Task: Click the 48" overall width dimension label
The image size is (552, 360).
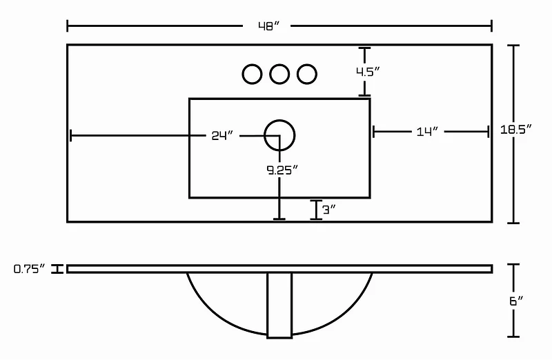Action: (x=268, y=26)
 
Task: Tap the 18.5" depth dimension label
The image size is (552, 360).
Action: (x=515, y=130)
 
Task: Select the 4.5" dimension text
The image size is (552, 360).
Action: (x=368, y=72)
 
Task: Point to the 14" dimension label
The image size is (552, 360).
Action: (x=427, y=132)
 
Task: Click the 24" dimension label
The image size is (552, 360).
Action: (x=222, y=135)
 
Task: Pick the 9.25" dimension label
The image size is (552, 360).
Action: (x=282, y=170)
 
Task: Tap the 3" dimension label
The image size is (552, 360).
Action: (x=329, y=210)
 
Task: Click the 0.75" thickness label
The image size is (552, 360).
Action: (x=30, y=269)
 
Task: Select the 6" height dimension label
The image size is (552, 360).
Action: (x=516, y=301)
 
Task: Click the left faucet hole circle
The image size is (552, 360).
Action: (x=252, y=65)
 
